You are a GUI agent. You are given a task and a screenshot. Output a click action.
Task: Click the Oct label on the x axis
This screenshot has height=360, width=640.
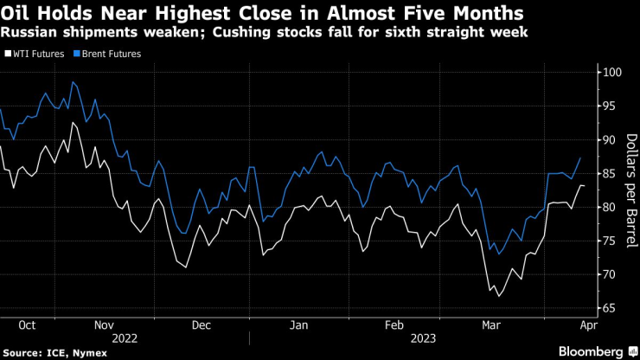point(26,325)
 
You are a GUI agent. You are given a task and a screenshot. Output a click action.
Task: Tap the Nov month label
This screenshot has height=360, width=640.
point(103,325)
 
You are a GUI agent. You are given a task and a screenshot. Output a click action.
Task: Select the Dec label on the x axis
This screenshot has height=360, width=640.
point(201,325)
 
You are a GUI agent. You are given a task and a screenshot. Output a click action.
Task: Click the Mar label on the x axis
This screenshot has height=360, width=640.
point(490,325)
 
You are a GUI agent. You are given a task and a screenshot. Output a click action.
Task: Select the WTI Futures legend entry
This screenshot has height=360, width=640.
point(37,54)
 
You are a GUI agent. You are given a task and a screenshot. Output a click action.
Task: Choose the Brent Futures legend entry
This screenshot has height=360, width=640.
point(109,54)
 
